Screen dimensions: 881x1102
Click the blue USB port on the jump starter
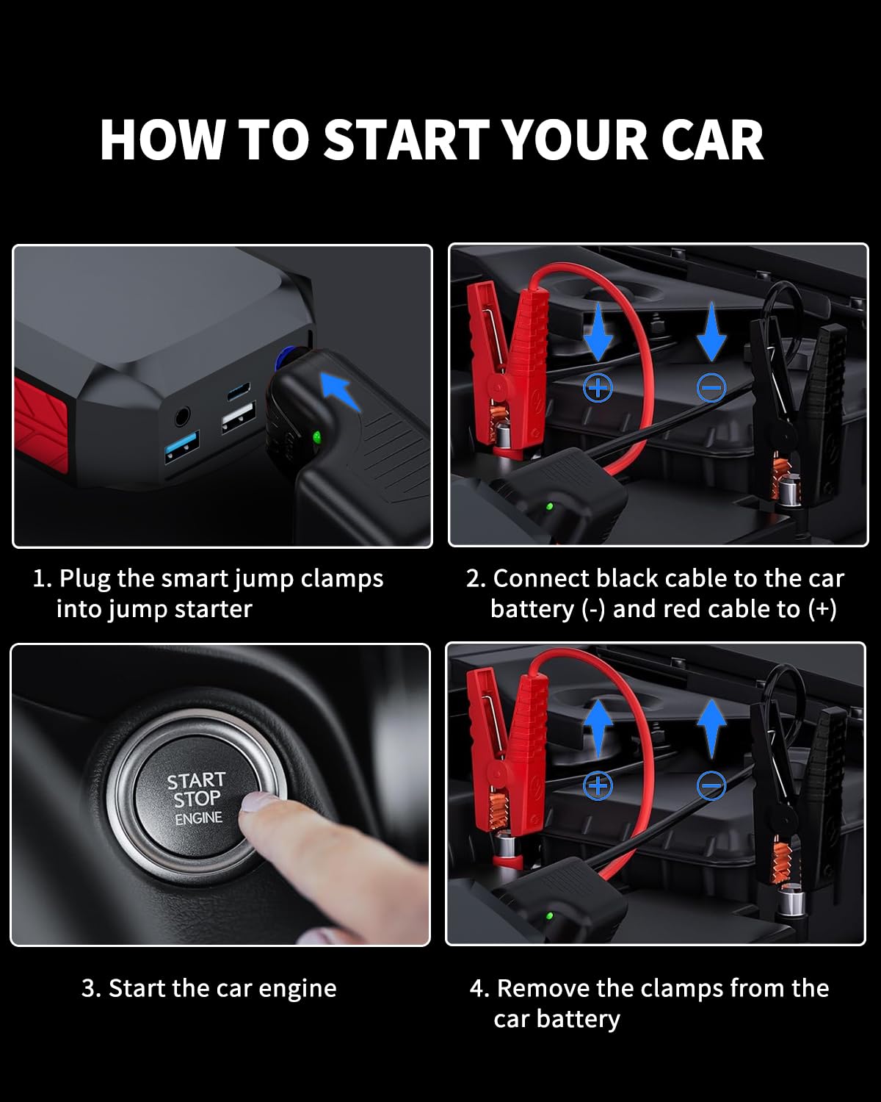tap(182, 447)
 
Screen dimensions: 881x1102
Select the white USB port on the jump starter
tap(239, 417)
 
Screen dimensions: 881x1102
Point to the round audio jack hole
tap(182, 417)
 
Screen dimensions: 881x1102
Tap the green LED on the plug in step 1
tap(317, 437)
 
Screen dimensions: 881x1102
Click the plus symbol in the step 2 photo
tap(598, 388)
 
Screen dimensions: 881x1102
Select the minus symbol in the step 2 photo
tap(711, 388)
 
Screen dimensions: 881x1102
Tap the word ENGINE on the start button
tap(199, 818)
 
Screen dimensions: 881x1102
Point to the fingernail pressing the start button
tap(258, 802)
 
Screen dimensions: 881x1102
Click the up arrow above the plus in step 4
tap(598, 729)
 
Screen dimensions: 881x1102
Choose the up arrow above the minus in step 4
tap(711, 729)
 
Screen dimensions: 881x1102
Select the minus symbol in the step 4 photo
tap(711, 786)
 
